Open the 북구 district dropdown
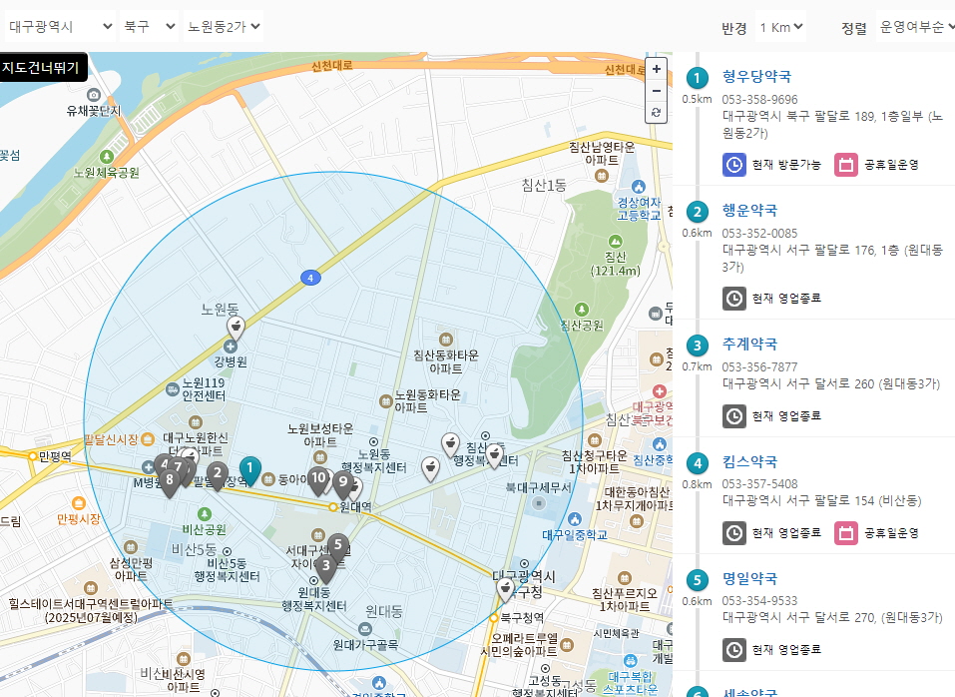pos(149,26)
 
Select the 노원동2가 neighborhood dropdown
pos(224,26)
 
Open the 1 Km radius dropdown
pos(780,27)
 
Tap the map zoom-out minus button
pos(656,91)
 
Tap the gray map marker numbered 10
pos(318,479)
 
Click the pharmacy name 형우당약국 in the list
pos(756,76)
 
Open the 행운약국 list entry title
pos(749,210)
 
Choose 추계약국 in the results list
pos(749,346)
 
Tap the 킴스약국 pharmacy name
pos(749,461)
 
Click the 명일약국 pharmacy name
pos(749,578)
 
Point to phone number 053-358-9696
pos(759,99)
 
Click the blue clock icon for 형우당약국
pos(733,164)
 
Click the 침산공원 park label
pos(582,325)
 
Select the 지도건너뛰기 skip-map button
pos(44,67)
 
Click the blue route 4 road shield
pos(311,277)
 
